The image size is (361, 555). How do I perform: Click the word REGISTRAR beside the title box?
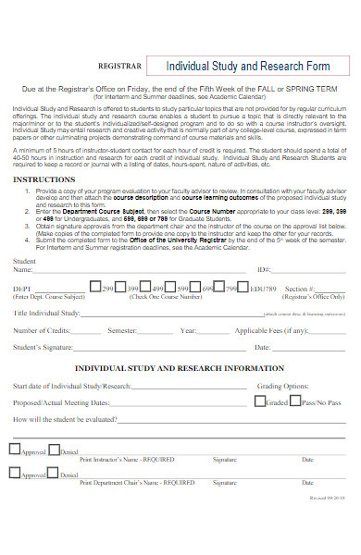coord(121,68)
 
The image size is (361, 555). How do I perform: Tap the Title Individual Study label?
coord(45,314)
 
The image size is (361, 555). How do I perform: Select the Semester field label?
coord(122,330)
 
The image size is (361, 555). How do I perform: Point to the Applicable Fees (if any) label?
coord(270,330)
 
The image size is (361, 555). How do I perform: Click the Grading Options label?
coord(283,385)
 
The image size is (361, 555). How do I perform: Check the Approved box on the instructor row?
coord(14,449)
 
